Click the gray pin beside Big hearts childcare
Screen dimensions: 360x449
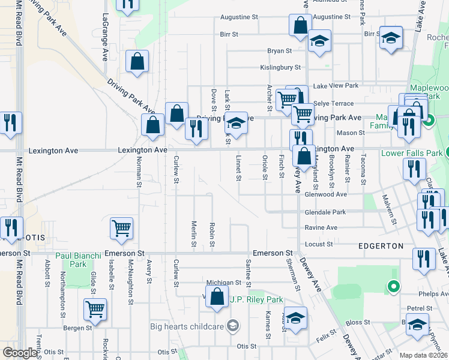point(233,326)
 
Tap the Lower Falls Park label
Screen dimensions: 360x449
point(412,153)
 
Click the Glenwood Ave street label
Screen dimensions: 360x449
point(326,194)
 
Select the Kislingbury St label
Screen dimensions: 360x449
point(280,68)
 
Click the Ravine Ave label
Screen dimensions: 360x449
point(321,228)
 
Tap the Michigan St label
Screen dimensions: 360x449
point(219,282)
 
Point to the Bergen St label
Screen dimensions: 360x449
point(79,328)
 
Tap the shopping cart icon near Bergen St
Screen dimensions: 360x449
point(95,308)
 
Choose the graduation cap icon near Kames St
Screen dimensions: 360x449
point(295,318)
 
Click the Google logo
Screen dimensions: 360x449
point(19,353)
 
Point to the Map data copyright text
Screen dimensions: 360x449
point(424,355)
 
